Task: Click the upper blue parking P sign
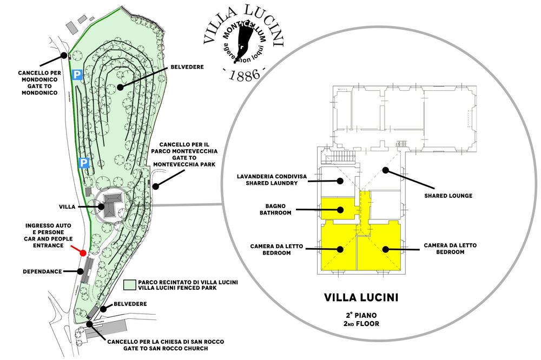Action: tap(78, 75)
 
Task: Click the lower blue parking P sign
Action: tap(84, 163)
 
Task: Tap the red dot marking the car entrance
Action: tap(83, 252)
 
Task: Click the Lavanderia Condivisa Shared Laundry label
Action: tap(268, 179)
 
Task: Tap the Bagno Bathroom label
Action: tap(279, 209)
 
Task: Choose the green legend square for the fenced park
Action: tap(129, 285)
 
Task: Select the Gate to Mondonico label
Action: tap(39, 82)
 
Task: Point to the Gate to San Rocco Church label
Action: tap(165, 345)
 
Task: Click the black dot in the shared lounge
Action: tap(385, 170)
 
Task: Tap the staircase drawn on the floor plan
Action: tap(342, 157)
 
